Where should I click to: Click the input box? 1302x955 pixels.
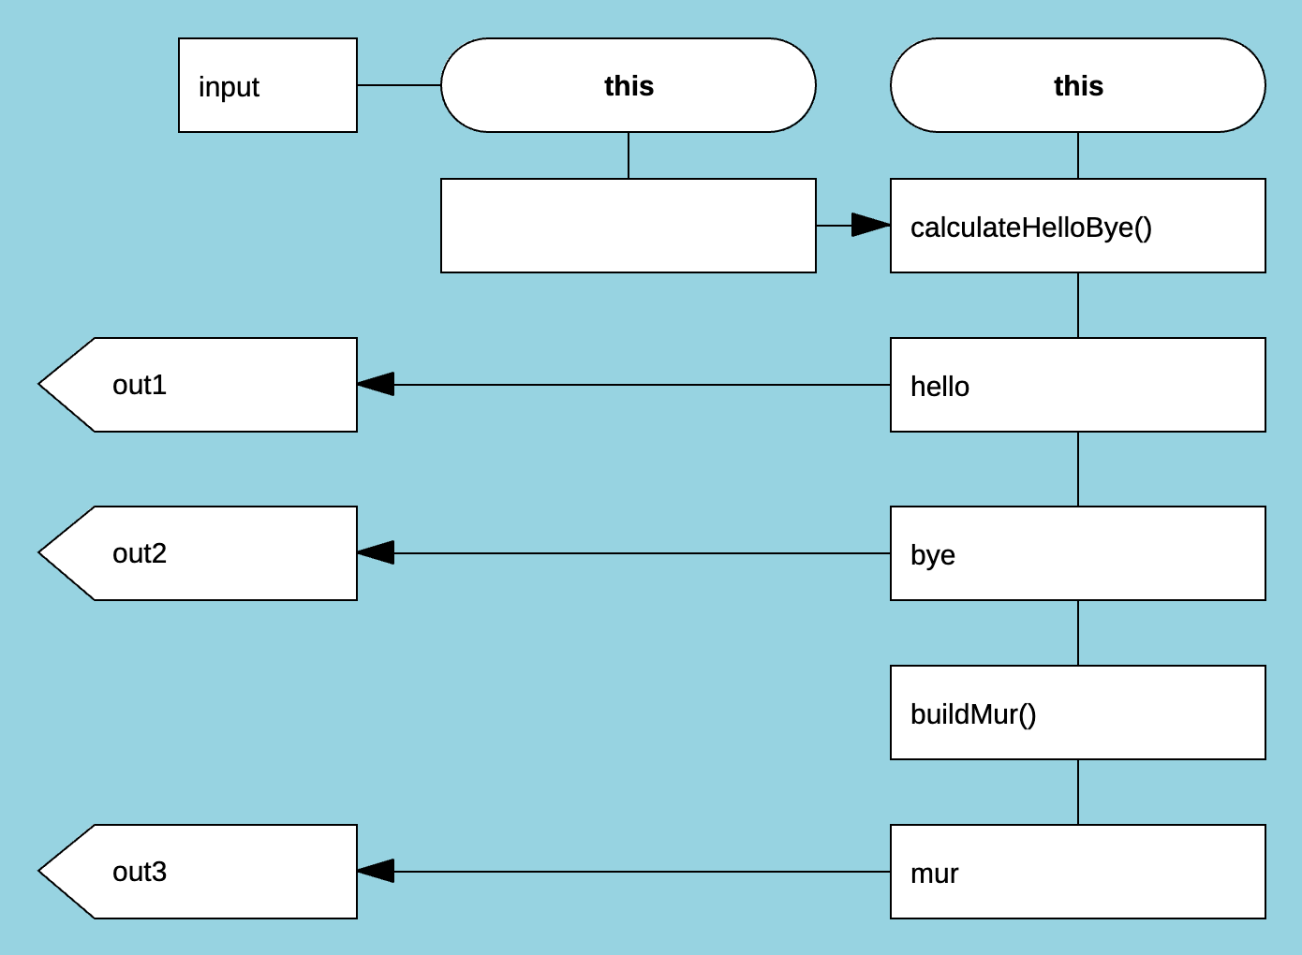[267, 85]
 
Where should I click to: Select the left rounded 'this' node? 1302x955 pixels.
[628, 85]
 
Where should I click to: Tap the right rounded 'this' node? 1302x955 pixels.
[1077, 85]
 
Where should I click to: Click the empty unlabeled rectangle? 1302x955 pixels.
[628, 226]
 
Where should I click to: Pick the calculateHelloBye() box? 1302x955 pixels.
[1077, 226]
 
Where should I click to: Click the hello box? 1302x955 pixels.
[1077, 385]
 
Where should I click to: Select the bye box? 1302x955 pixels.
[1077, 553]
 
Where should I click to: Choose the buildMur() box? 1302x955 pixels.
[1077, 713]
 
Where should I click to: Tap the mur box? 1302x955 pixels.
[1077, 872]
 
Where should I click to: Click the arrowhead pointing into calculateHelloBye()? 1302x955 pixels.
[870, 226]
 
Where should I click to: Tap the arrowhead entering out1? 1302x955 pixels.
[377, 385]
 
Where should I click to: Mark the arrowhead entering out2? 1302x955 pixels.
[377, 553]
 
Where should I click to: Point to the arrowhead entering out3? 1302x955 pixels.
[377, 872]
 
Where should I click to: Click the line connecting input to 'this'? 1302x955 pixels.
[399, 85]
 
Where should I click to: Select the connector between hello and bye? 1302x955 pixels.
[1078, 469]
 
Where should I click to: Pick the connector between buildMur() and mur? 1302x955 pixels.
[1078, 792]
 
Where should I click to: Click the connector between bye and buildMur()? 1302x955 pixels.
[1078, 633]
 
